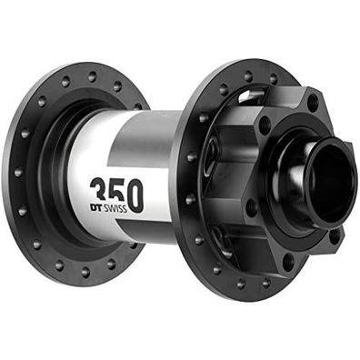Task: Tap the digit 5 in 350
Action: (x=115, y=193)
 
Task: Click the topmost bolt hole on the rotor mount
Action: (x=312, y=104)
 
